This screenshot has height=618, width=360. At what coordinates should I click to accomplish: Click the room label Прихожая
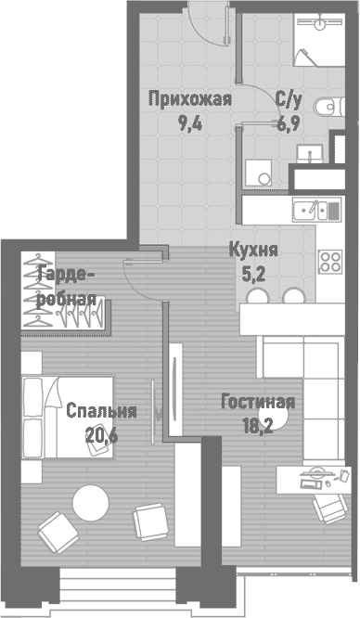[190, 99]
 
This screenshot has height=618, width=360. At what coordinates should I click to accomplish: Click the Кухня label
[253, 250]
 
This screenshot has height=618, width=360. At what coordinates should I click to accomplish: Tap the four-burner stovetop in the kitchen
[329, 261]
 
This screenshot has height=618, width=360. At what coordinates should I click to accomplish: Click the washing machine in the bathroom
[256, 174]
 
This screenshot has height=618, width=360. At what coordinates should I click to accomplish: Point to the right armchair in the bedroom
[148, 521]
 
